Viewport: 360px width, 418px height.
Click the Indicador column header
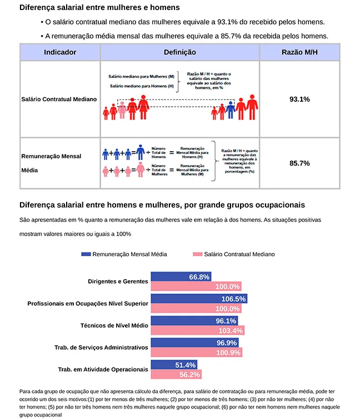click(60, 52)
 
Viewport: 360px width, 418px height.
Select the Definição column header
click(180, 52)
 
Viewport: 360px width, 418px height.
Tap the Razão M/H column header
click(299, 52)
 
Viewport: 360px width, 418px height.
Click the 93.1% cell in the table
click(299, 99)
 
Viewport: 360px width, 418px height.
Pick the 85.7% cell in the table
click(299, 163)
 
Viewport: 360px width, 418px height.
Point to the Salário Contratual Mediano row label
click(59, 99)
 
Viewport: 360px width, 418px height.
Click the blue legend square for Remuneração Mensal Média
click(86, 254)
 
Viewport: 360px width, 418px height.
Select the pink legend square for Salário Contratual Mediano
click(197, 254)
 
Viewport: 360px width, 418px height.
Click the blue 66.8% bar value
click(199, 277)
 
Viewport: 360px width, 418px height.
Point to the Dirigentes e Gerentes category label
click(118, 281)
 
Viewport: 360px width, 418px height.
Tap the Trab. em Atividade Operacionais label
click(103, 369)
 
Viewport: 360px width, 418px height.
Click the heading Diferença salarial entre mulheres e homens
click(99, 8)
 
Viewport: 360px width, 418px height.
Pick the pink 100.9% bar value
click(228, 352)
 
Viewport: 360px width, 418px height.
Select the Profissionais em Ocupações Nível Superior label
click(88, 303)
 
